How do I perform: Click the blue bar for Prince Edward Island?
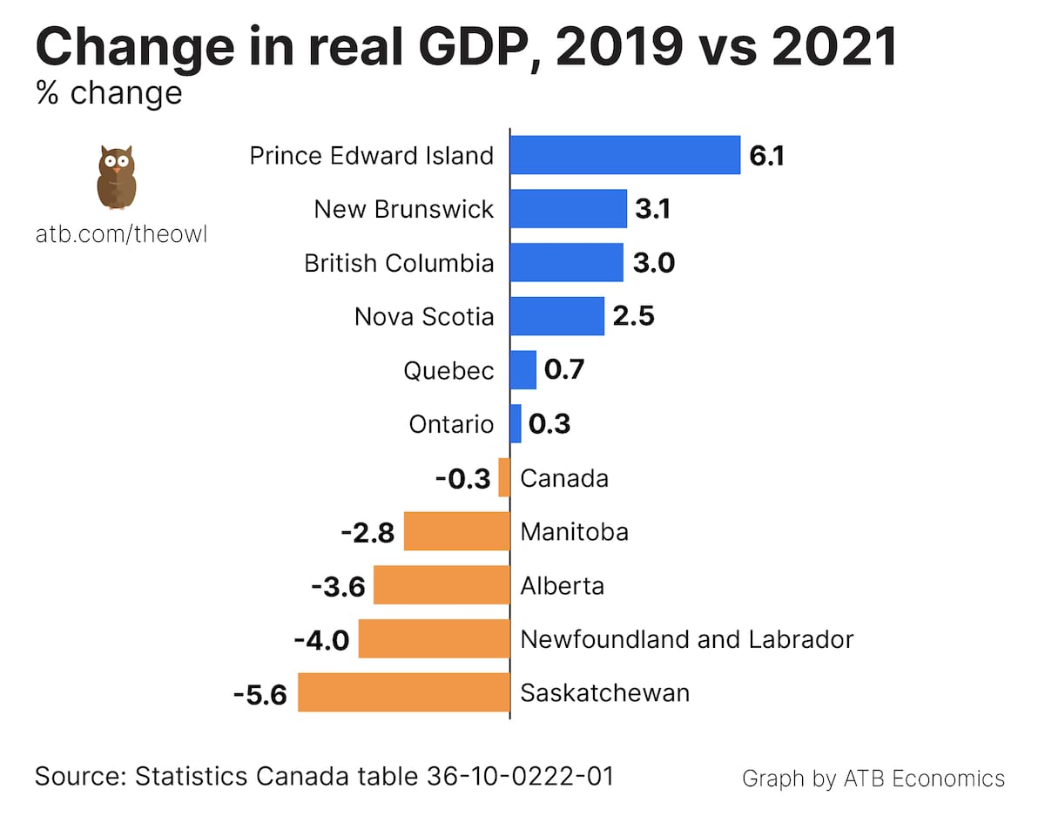click(x=624, y=155)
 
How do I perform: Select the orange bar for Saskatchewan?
click(x=404, y=692)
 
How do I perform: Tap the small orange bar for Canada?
click(x=504, y=477)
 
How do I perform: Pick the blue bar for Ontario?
click(x=516, y=424)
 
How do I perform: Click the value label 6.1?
click(x=767, y=156)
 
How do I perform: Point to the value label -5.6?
click(x=260, y=694)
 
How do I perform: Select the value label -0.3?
click(x=462, y=479)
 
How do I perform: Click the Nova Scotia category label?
click(x=424, y=317)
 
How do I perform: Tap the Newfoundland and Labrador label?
click(x=686, y=639)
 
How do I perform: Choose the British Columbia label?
click(x=399, y=263)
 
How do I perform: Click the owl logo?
click(x=116, y=178)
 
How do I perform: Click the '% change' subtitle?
click(x=109, y=92)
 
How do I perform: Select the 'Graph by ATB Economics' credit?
click(x=873, y=778)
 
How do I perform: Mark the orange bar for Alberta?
click(x=442, y=585)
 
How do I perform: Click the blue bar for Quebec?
click(x=522, y=370)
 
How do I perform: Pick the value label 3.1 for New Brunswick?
click(x=652, y=210)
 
